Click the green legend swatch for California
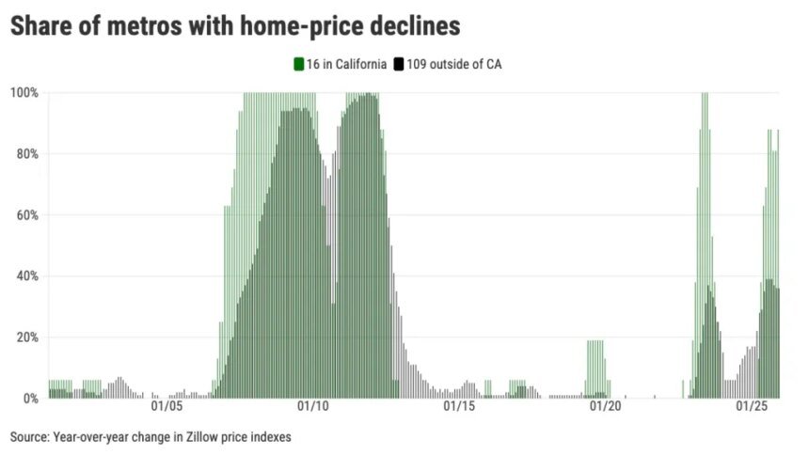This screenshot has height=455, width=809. tap(298, 64)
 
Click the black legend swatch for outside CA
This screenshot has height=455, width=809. tap(399, 64)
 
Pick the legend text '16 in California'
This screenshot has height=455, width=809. tap(345, 64)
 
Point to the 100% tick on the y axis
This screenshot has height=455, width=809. tap(24, 92)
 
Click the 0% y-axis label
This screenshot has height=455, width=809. tap(29, 399)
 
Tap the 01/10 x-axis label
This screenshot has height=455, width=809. tap(311, 407)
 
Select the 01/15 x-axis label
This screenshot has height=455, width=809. tap(458, 407)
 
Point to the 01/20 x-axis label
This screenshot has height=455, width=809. tap(605, 407)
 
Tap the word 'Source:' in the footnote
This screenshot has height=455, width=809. tap(29, 437)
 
